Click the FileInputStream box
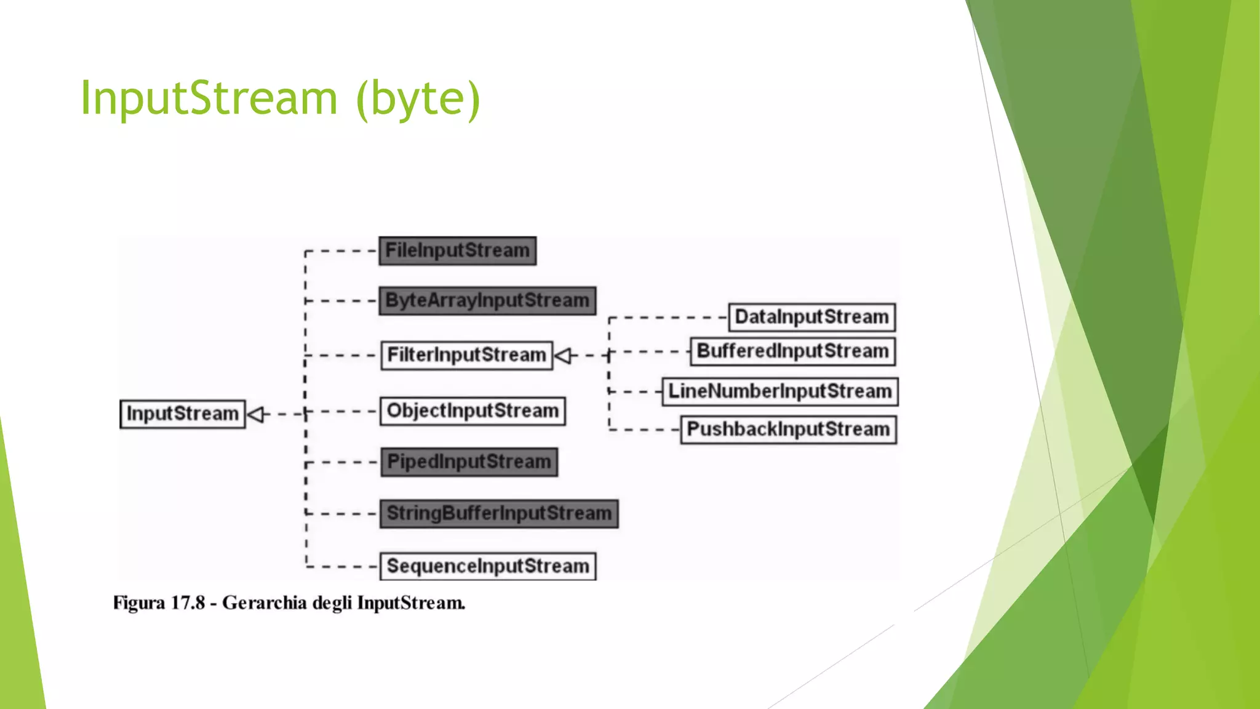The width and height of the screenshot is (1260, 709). (457, 251)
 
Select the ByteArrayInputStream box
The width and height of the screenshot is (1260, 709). (487, 301)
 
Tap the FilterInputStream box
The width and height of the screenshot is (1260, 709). (466, 355)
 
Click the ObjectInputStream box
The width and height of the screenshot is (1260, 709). (472, 411)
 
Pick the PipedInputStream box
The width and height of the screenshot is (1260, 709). (469, 462)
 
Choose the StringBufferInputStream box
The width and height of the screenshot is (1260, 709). (498, 513)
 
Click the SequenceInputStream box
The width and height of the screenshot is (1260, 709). (487, 566)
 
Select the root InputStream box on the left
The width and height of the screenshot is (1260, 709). (182, 414)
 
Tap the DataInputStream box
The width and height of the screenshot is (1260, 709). (811, 317)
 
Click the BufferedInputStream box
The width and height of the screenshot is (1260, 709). (792, 351)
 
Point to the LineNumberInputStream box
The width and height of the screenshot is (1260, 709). (780, 391)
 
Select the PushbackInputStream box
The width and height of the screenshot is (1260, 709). (788, 430)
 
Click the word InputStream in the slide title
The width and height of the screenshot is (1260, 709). (209, 98)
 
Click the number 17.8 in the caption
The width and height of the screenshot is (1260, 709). (187, 603)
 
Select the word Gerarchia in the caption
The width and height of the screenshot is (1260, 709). (264, 603)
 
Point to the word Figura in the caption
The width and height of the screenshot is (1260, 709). (139, 603)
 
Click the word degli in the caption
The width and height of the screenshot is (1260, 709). (332, 603)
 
